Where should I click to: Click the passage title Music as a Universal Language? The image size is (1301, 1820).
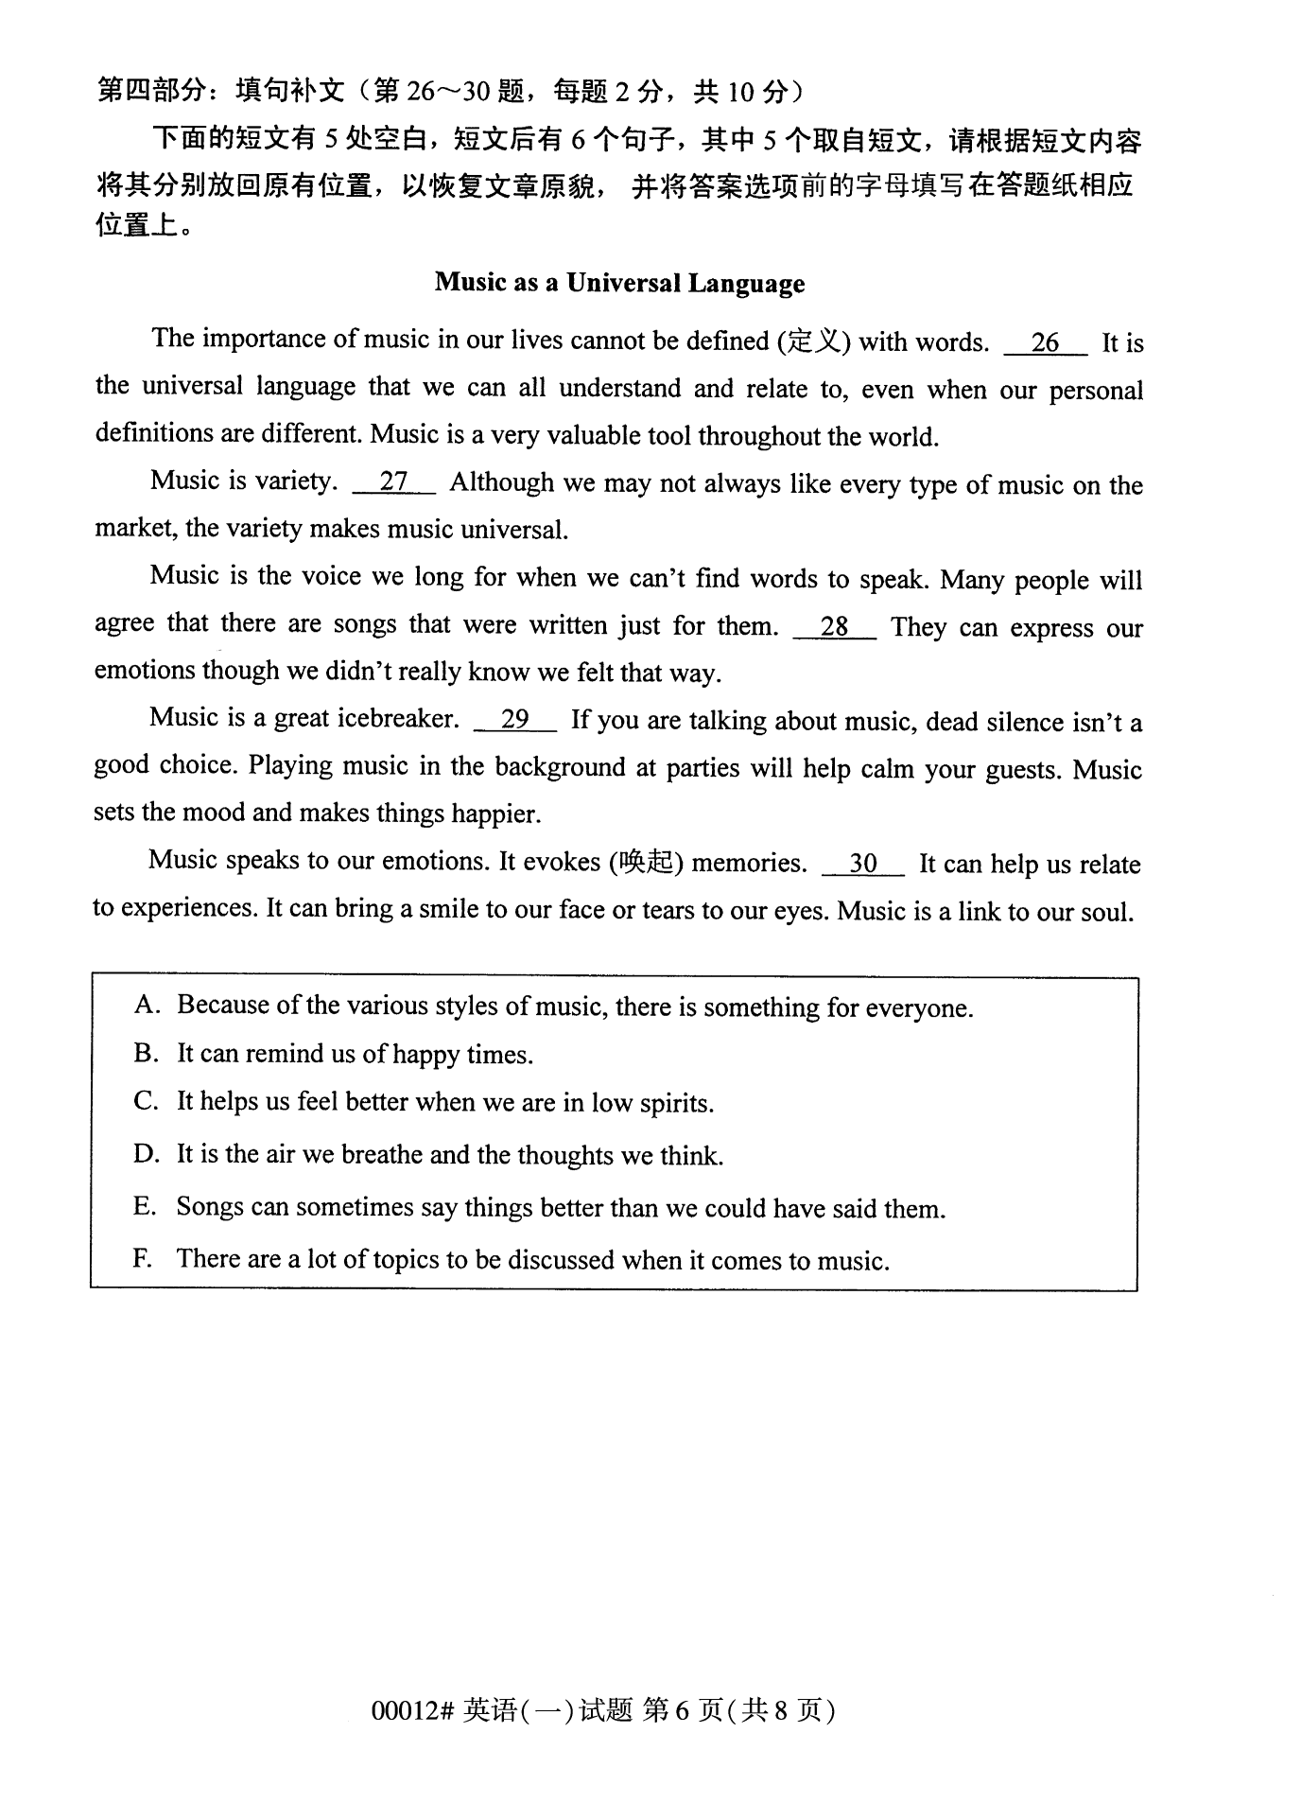[619, 283]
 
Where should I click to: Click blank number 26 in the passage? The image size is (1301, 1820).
[1045, 342]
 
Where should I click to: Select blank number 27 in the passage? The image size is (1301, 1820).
[393, 482]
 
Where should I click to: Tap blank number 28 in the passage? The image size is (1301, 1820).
[834, 626]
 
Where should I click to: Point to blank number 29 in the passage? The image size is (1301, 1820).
[514, 720]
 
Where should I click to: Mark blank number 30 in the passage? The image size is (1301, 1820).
[863, 863]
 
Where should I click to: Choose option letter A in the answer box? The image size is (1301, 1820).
[146, 1005]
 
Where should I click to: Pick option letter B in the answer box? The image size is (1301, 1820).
[146, 1053]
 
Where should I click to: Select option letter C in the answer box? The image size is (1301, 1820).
[146, 1102]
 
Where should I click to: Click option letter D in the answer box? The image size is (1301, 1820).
[146, 1154]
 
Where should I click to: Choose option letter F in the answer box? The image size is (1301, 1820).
[143, 1259]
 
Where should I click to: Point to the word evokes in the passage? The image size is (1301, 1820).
[562, 862]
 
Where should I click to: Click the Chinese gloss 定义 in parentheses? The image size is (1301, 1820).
[813, 341]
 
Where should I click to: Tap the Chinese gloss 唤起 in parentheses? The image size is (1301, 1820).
[647, 863]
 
